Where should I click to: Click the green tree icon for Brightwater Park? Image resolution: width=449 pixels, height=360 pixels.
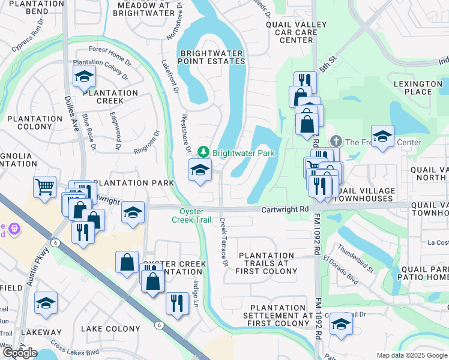point(204,153)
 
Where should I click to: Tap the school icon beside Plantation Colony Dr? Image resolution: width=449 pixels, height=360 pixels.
point(84,76)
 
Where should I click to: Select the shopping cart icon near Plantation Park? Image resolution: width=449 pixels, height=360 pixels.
point(44,187)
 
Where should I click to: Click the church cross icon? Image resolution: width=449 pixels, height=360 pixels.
point(336,142)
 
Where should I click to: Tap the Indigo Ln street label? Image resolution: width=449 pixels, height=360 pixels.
point(196,293)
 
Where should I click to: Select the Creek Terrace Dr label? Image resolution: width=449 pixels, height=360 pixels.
point(224,242)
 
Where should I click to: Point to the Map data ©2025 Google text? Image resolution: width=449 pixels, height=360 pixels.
point(412,355)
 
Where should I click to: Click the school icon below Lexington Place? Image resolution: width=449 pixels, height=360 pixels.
point(382,136)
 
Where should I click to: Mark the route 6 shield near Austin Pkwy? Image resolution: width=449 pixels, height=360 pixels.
point(56,242)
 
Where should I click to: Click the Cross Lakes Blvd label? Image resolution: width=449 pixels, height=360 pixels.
point(74,352)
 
